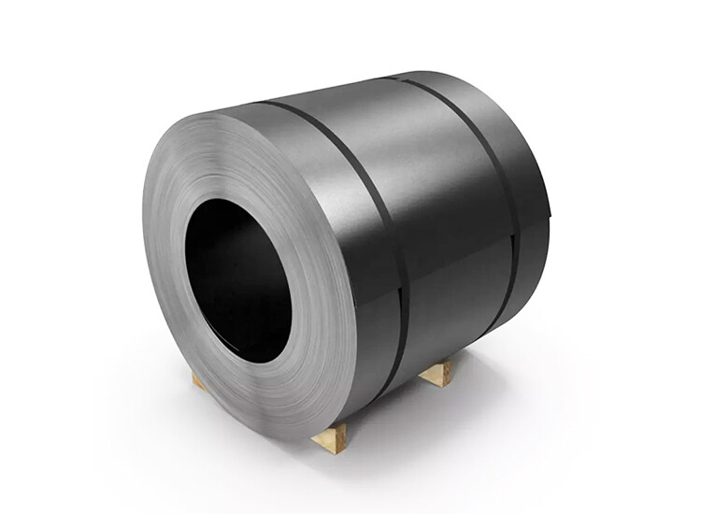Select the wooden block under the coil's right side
pyautogui.click(x=435, y=372)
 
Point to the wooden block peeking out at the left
pyautogui.click(x=198, y=379)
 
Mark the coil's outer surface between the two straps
pyautogui.click(x=439, y=187)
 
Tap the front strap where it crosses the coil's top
pyautogui.click(x=280, y=106)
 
